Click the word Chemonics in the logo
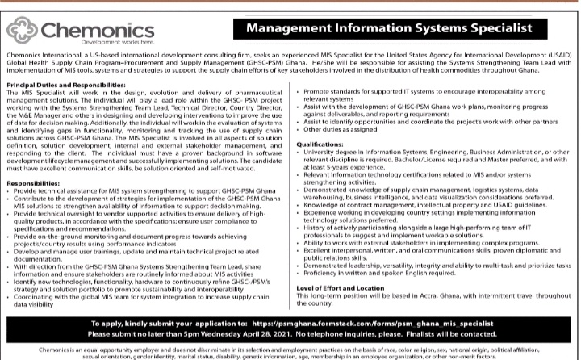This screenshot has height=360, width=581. tap(92, 28)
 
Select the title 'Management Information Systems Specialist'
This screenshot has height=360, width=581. tap(389, 29)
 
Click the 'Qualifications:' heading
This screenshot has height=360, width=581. tap(320, 144)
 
